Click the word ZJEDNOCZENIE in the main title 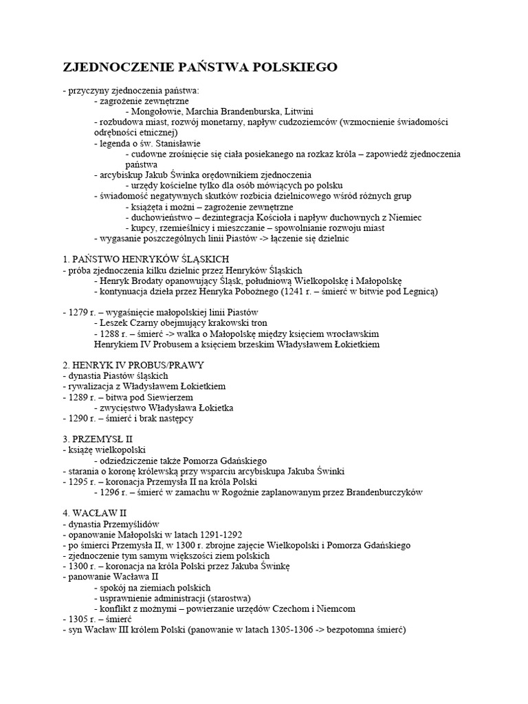pyautogui.click(x=112, y=67)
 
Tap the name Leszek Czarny pyautogui.click(x=128, y=323)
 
